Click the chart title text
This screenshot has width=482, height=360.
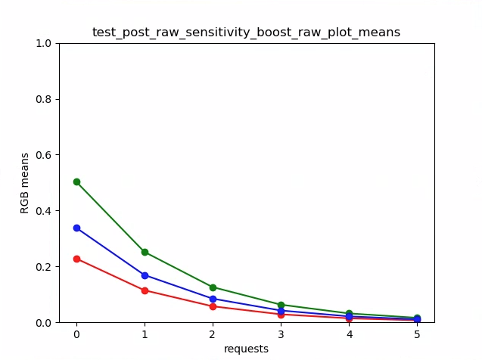point(246,33)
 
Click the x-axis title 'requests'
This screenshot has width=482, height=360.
point(246,349)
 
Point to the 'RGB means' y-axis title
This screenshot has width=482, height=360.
point(25,183)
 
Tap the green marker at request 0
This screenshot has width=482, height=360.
point(76,182)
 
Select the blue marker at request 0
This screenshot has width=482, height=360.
point(76,228)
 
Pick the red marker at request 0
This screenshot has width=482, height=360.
point(76,259)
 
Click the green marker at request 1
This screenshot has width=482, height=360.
point(145,252)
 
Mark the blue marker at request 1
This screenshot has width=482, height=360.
point(145,275)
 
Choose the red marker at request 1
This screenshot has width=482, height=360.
point(145,290)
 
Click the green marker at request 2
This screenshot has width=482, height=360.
point(213,287)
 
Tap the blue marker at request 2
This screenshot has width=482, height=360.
point(213,299)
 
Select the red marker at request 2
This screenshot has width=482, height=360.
point(213,306)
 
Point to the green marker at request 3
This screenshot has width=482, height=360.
point(281,305)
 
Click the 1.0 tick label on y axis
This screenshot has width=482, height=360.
point(44,43)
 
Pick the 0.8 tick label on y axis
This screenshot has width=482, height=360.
point(44,99)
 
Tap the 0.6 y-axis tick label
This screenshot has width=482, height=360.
point(44,155)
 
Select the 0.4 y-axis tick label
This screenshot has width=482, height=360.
point(44,211)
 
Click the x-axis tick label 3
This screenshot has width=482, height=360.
point(281,334)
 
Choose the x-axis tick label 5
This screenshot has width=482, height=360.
point(417,334)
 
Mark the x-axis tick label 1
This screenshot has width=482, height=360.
point(145,334)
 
